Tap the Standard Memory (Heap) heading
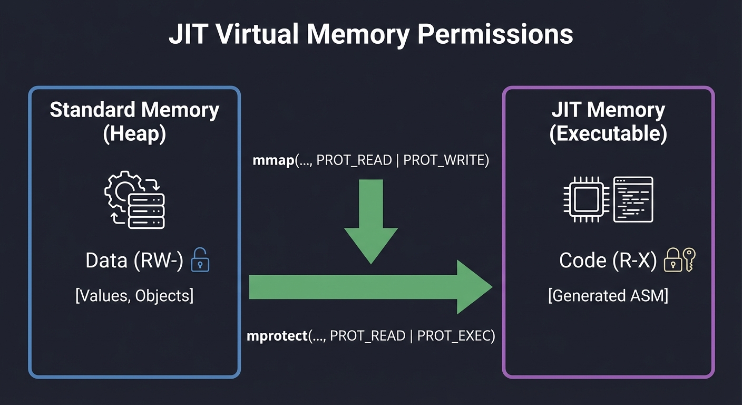click(134, 122)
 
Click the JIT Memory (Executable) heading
click(608, 122)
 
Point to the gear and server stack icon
click(135, 199)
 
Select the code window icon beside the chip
click(633, 199)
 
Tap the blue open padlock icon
click(200, 260)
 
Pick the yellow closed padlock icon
click(673, 260)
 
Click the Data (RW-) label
click(134, 261)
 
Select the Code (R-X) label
click(608, 261)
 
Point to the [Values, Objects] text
click(134, 296)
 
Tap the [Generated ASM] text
click(608, 296)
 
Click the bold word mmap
click(272, 161)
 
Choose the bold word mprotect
click(277, 336)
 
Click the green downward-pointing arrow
click(371, 221)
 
